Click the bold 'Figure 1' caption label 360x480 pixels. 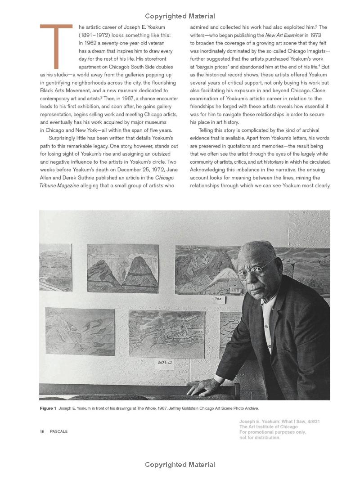(x=48, y=408)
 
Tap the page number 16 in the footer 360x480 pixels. (x=41, y=431)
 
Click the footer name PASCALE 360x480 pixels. (x=58, y=431)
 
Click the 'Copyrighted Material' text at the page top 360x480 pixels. (x=180, y=16)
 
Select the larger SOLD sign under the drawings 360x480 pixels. (x=164, y=363)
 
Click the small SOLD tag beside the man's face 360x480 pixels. (x=219, y=299)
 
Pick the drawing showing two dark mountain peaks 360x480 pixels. (x=122, y=268)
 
